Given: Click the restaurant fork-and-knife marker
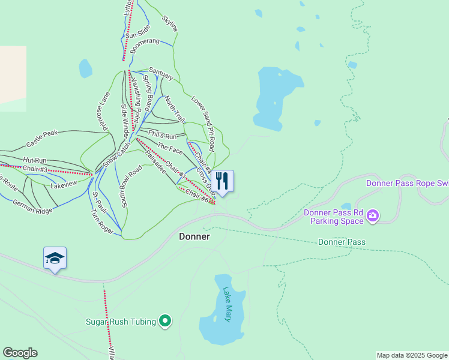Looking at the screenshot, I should coord(222,180).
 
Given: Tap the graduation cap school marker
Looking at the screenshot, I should coord(55,258).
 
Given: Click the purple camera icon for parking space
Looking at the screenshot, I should coord(373,215).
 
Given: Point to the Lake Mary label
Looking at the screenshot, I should coord(228,305).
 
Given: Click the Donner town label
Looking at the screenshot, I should coord(194,236).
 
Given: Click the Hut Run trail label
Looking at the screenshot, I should coord(35,160).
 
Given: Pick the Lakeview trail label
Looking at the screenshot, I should coord(64,184).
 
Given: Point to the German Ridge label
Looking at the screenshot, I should coord(33,207).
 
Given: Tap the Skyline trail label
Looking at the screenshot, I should coord(170,23).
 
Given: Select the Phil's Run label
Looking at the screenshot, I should coord(162,137).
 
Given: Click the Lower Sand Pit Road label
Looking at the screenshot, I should coord(203,123).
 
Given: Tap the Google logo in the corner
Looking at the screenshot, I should coord(20,353).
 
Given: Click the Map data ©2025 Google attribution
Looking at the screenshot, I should coord(412,356).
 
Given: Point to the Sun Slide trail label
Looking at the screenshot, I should coord(137,35).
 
